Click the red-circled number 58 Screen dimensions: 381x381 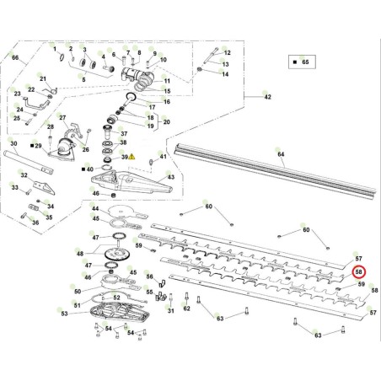point(358,272)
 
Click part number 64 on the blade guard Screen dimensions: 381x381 point(282,153)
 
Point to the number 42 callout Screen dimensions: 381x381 point(267,99)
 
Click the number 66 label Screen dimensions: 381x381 point(14,57)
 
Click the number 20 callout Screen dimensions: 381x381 point(166,122)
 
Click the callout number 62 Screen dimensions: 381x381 point(186,309)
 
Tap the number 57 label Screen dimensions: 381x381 point(358,258)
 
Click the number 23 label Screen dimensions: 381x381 point(16,94)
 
